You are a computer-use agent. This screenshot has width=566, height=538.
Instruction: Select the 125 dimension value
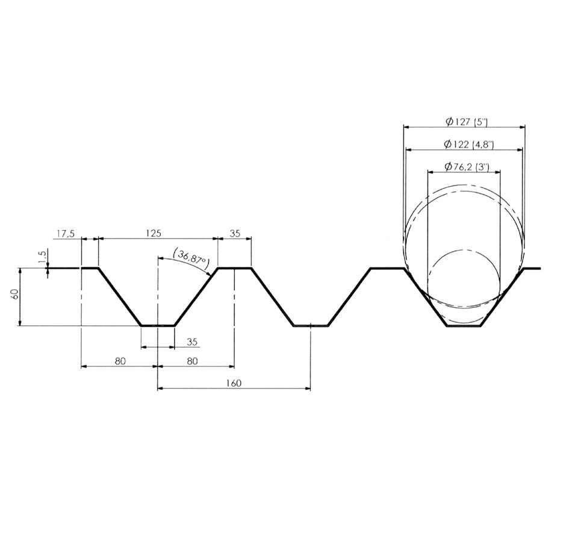[154, 233]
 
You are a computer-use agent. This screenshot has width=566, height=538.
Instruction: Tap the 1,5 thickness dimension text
[43, 257]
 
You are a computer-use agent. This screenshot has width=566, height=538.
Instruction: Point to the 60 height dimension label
[15, 294]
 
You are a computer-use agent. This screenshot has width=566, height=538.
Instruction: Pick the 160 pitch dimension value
[234, 383]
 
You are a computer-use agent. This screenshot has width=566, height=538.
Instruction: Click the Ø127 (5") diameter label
[467, 122]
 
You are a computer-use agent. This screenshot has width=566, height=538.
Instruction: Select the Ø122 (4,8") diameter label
[468, 145]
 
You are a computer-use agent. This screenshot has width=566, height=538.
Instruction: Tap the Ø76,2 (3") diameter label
[467, 166]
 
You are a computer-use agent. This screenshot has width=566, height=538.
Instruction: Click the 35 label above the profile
[235, 233]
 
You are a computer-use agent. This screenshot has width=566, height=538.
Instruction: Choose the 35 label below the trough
[193, 342]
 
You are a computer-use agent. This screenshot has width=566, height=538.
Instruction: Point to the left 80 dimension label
[120, 361]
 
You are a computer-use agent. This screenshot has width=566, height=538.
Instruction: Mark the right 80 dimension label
[193, 361]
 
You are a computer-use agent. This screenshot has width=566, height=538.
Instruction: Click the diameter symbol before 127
[449, 122]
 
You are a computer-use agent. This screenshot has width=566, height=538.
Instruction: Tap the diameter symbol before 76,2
[449, 166]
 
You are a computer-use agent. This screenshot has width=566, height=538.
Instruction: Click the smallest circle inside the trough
[464, 286]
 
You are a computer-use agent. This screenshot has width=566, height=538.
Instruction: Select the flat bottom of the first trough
[158, 326]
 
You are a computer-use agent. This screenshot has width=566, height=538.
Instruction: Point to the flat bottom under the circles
[464, 326]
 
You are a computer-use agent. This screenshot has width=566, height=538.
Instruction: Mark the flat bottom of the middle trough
[311, 326]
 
